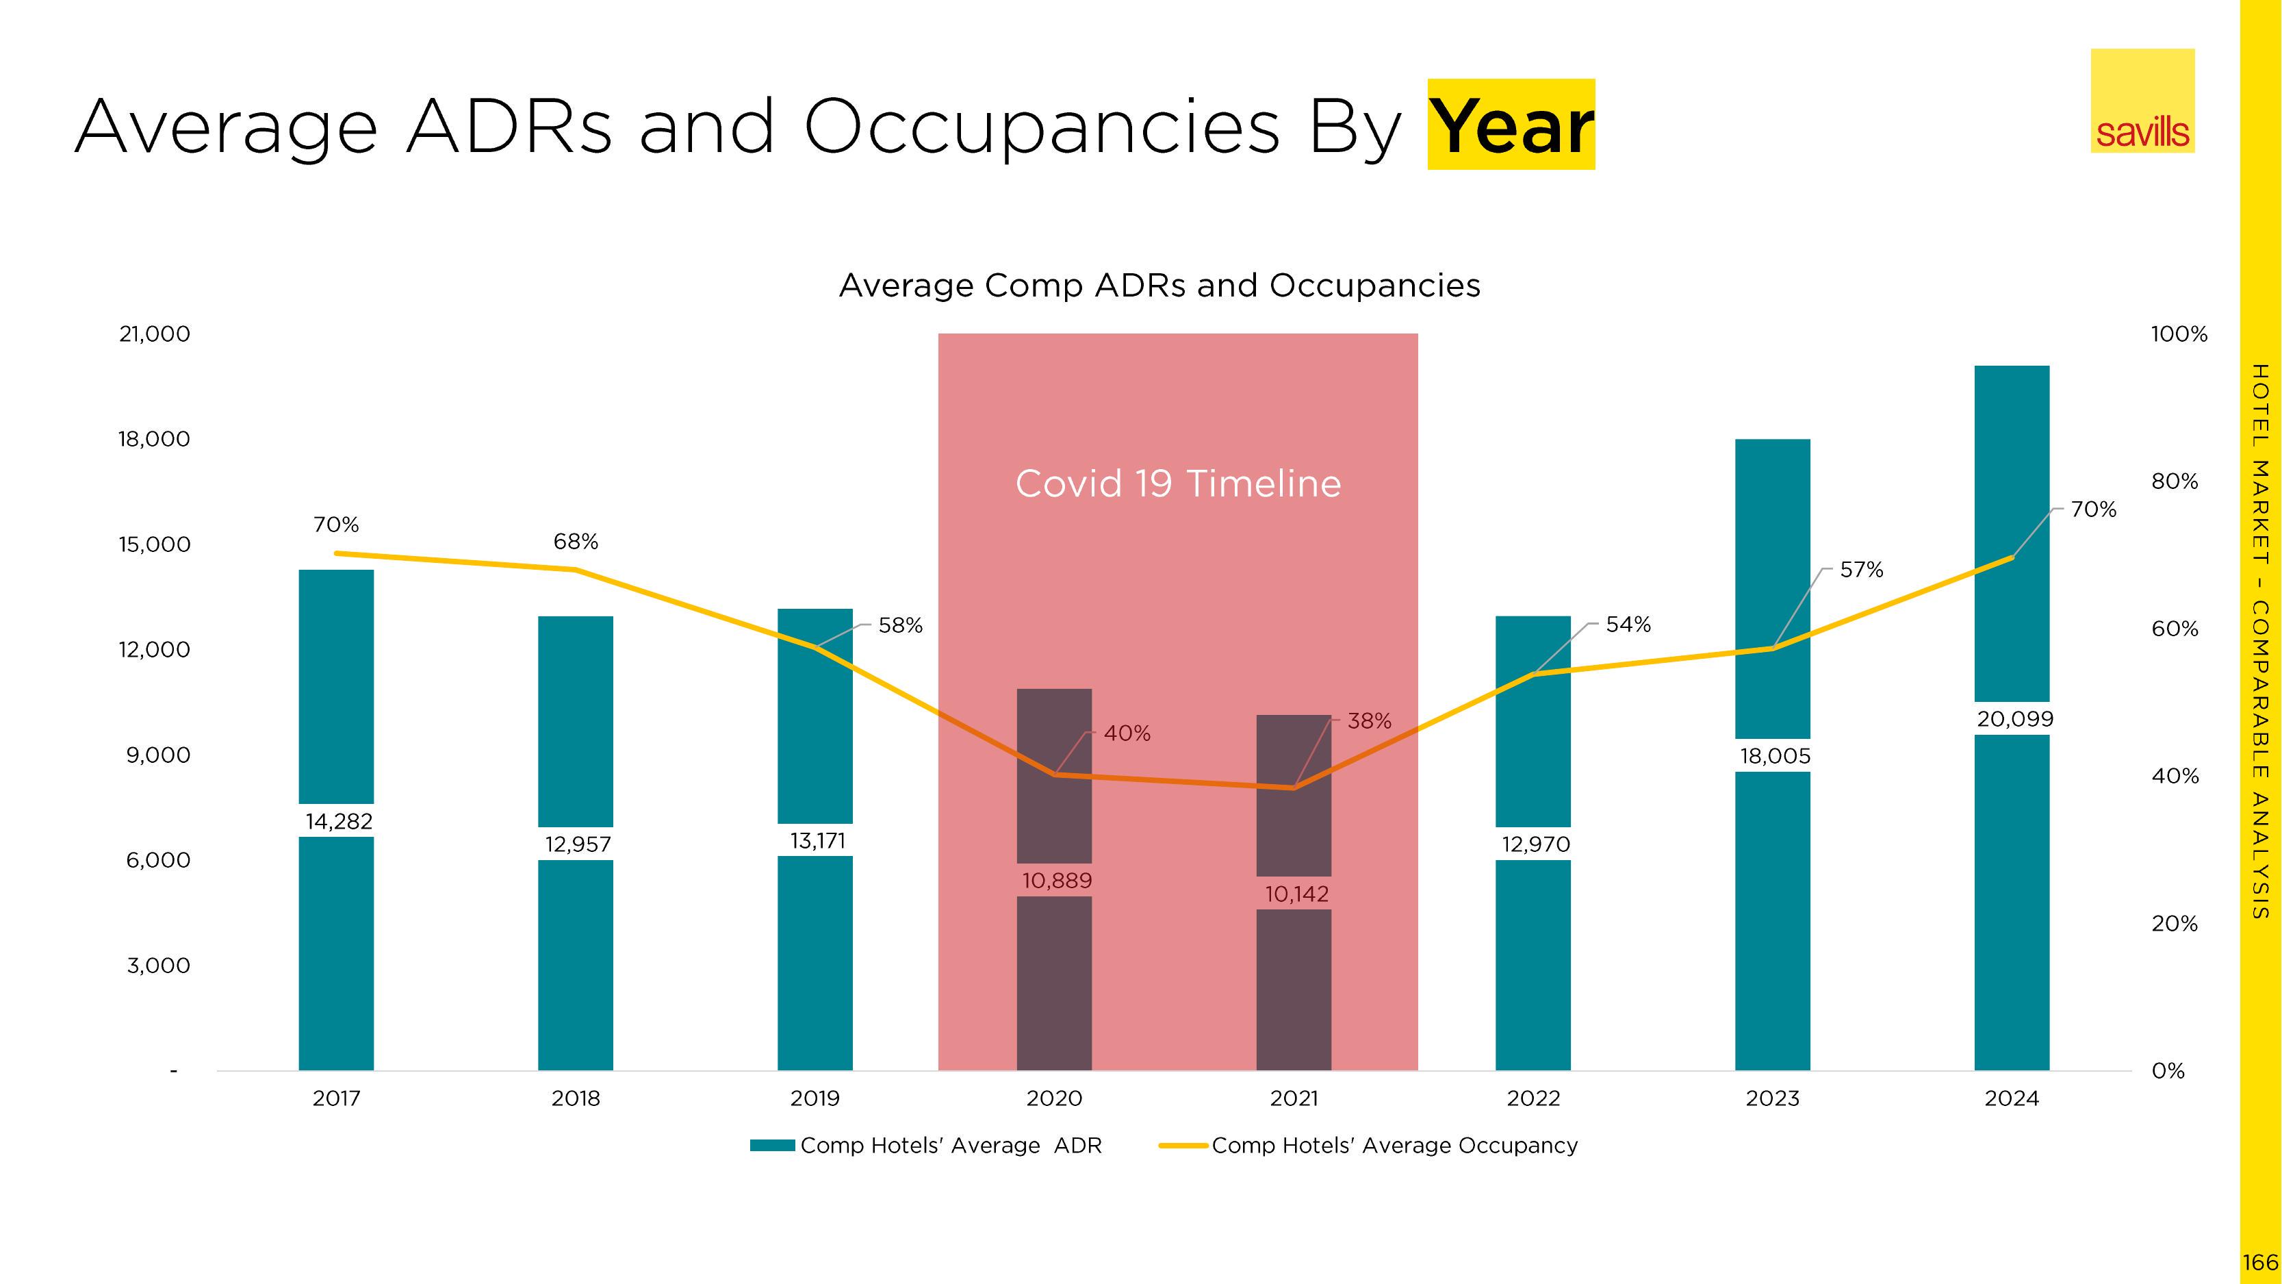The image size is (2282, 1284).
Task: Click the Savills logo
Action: (2142, 101)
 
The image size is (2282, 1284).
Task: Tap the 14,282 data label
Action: (338, 822)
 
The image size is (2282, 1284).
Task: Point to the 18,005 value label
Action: (1774, 756)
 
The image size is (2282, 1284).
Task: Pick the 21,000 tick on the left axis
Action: (154, 334)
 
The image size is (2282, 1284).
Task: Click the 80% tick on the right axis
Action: (2175, 481)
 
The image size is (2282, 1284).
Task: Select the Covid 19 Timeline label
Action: (1177, 484)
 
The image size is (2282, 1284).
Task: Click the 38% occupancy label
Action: (1369, 721)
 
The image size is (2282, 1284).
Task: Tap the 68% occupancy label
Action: (576, 542)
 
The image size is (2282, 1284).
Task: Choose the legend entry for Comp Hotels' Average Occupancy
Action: (1394, 1146)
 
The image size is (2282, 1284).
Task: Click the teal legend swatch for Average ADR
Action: (771, 1146)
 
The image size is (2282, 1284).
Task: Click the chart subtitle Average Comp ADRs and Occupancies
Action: (1159, 286)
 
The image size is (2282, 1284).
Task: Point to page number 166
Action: (2260, 1263)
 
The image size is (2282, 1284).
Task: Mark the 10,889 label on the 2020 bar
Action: (1056, 881)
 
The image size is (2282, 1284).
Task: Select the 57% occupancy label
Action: (1861, 570)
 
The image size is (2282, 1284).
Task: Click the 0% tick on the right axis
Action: (2168, 1071)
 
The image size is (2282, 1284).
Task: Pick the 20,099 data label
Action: (2014, 718)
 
